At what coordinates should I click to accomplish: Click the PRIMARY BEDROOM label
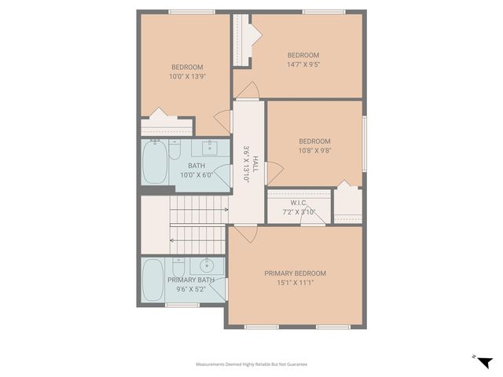[295, 273]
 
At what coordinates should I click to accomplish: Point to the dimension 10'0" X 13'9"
[188, 77]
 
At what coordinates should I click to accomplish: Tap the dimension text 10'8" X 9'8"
[314, 152]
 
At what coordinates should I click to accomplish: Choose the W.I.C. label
[299, 202]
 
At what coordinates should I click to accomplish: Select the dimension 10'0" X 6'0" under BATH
[196, 175]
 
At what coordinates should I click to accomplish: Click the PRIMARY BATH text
[190, 280]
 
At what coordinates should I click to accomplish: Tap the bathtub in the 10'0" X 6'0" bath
[156, 163]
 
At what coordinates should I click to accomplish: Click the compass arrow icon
[483, 361]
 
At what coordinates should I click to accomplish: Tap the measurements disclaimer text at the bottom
[251, 364]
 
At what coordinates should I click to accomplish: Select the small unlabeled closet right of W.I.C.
[347, 205]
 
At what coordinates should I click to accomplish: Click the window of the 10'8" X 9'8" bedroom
[365, 143]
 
